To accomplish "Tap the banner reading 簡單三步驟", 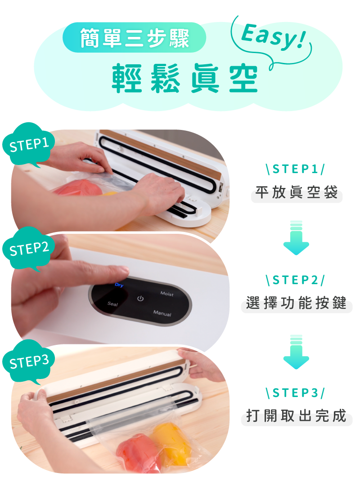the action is [135, 37].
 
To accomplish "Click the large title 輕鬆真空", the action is [184, 78].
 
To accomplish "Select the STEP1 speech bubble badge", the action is [29, 145].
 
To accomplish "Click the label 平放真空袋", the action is [297, 192].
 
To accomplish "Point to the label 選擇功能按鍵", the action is [297, 303].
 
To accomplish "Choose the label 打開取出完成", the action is [297, 415].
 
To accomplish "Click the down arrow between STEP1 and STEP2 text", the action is [296, 237].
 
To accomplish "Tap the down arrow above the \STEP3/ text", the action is [296, 352].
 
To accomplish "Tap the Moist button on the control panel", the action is [167, 294].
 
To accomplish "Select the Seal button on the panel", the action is [112, 303].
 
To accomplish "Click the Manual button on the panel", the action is [162, 313].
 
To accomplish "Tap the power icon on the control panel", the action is [140, 298].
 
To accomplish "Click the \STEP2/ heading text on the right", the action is [295, 280].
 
